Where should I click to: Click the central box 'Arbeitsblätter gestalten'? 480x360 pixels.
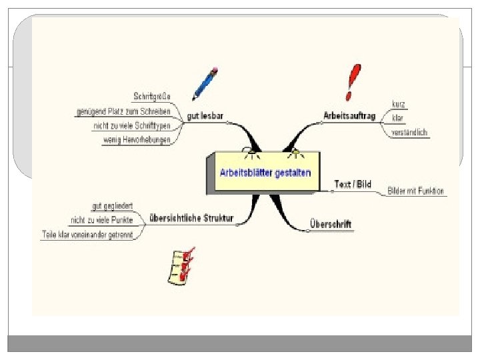pos(265,172)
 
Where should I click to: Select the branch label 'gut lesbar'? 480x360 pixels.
pos(206,116)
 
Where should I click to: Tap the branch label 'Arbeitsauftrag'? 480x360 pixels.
pos(349,115)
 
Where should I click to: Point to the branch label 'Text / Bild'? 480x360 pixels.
pos(353,184)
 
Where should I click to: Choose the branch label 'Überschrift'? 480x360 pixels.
pos(331,224)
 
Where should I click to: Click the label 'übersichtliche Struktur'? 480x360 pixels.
pos(191,216)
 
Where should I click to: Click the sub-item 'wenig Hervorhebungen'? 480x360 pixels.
pos(137,139)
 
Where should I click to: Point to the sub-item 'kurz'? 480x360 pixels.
pos(399,104)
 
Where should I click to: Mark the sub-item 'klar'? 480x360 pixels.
pos(398,118)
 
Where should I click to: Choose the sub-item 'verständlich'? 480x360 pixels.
pos(410,132)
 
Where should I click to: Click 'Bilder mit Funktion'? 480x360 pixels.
pos(416,191)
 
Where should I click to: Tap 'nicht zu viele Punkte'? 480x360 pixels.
pos(101,220)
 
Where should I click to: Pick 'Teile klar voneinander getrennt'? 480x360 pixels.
pos(87,235)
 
